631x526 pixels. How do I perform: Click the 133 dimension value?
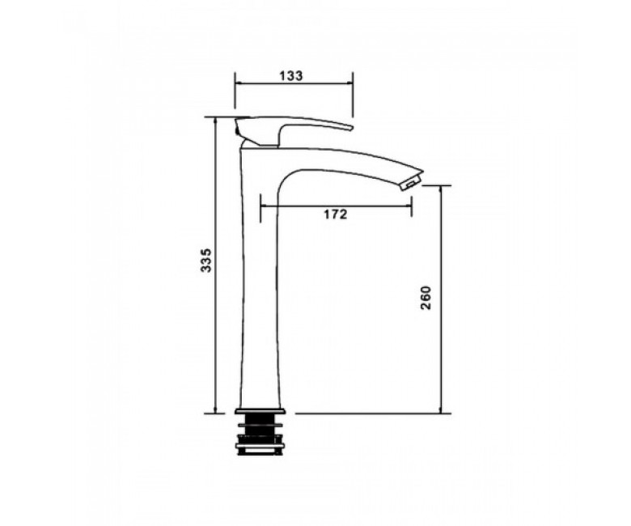pos(291,75)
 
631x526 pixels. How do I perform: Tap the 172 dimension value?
pos(335,214)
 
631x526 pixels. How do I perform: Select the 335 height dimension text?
pos(205,261)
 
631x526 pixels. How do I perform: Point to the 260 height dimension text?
pos(426,298)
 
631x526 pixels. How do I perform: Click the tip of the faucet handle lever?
pos(351,128)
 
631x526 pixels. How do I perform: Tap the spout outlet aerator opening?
pos(410,185)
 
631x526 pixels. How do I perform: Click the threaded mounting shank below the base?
pos(260,434)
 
